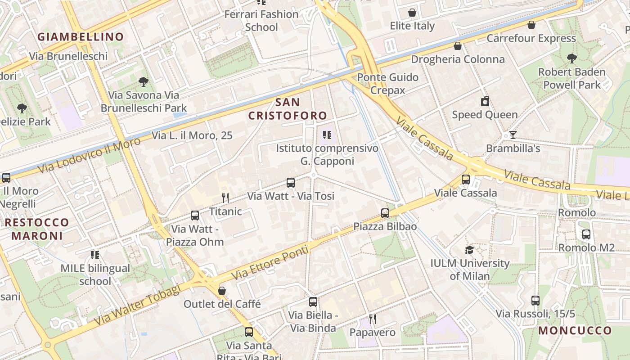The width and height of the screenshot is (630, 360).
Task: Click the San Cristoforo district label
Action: pos(288,109)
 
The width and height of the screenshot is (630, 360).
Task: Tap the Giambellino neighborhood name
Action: pos(81,37)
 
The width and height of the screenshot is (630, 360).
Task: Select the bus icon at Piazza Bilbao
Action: pos(385,213)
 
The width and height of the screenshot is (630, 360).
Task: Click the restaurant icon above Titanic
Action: pos(225,198)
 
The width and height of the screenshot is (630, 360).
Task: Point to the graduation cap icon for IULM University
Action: pos(469,250)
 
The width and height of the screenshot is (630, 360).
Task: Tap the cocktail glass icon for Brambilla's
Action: pos(513,135)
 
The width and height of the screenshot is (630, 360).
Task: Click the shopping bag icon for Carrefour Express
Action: pos(531,25)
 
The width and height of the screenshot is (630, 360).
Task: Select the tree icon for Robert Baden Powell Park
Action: pos(571,58)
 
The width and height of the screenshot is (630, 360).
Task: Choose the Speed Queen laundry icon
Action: pos(485,101)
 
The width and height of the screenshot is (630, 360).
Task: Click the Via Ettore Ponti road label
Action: pos(270,262)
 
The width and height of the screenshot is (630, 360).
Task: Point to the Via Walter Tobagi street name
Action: pos(137,305)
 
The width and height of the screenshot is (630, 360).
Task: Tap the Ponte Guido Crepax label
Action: pos(387,84)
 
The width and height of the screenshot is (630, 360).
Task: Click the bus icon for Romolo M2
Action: pos(586,234)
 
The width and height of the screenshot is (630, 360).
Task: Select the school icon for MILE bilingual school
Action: pos(95,255)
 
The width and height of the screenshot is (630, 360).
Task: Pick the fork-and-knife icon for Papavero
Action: pos(373,319)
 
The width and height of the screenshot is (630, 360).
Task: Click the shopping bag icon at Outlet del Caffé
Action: pos(222,291)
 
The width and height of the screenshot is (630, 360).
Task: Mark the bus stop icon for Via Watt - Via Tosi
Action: pos(291,183)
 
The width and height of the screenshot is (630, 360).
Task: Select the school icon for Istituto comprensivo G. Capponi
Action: pos(327,135)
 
